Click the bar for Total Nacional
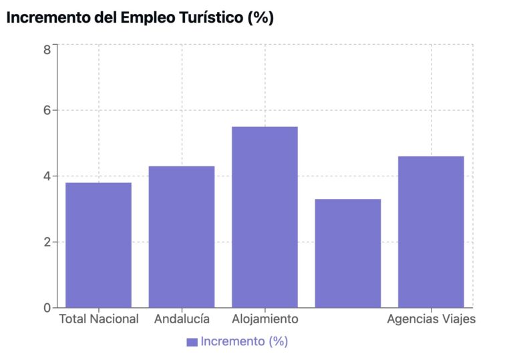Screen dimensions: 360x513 pos(98,244)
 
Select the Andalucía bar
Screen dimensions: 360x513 pos(181,236)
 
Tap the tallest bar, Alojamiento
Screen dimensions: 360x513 pos(265,216)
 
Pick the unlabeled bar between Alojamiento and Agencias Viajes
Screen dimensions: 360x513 pos(347,253)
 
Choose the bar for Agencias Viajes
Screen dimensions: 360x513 pos(431,231)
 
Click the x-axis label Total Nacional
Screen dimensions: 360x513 pos(99,319)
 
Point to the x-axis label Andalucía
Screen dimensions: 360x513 pos(182,319)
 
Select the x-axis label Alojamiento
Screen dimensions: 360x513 pos(265,319)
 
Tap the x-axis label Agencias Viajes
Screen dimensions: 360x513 pos(431,319)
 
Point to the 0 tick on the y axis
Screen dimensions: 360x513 pos(47,308)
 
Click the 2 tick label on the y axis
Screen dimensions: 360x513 pos(47,242)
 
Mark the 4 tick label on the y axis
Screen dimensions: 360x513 pos(47,176)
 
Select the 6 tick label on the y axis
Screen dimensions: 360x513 pos(47,110)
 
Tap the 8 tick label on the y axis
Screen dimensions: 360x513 pos(47,49)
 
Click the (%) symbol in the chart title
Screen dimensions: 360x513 pos(261,18)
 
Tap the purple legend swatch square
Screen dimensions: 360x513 pos(192,342)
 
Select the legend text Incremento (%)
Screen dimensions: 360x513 pos(244,341)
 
